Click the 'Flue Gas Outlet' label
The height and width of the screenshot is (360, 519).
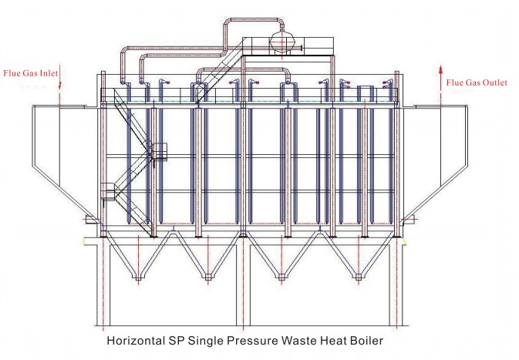click(477, 82)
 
